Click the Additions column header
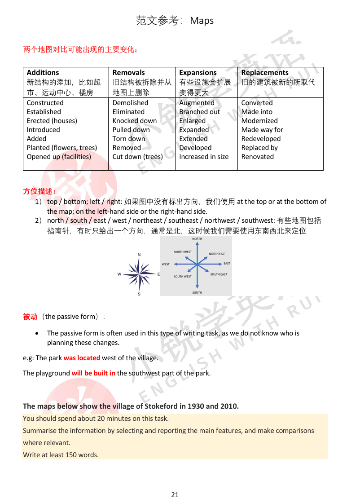point(43,72)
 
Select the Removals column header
point(128,72)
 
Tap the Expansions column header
point(198,72)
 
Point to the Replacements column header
point(265,72)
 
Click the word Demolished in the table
point(130,103)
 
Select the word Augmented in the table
point(197,103)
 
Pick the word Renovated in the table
point(257,157)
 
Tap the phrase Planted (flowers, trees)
point(62,148)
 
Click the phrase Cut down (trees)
point(137,157)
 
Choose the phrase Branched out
point(200,112)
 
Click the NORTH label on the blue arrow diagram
point(197,239)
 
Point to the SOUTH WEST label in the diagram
point(183,277)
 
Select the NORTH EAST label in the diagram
point(217,254)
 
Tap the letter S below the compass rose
point(139,294)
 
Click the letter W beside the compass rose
point(119,274)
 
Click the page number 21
point(175,494)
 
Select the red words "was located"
point(82,358)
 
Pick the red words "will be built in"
point(93,373)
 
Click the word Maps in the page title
point(202,21)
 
